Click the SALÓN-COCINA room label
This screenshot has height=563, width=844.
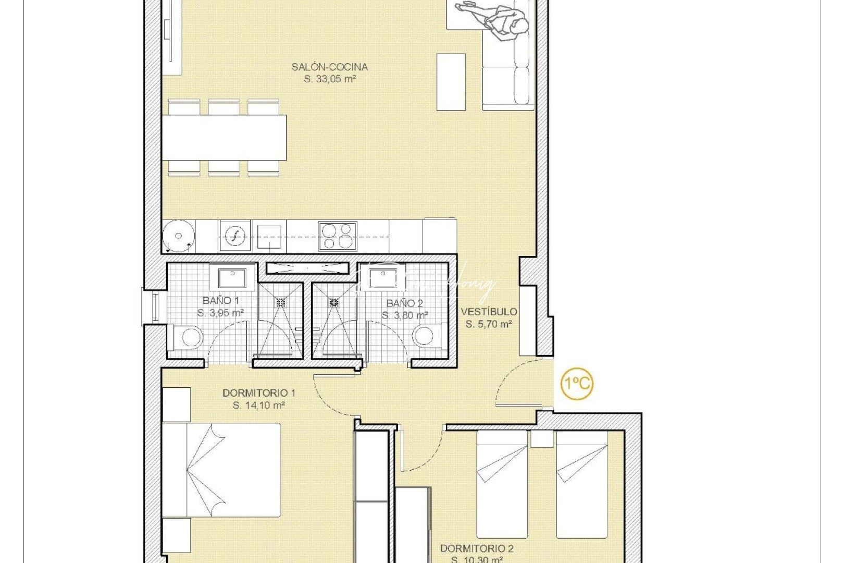coord(329,67)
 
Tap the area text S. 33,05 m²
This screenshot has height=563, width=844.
coord(329,79)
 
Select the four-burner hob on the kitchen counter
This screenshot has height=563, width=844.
coord(338,236)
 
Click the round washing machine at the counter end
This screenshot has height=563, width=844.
coord(178,236)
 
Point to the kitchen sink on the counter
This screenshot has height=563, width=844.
coord(235,236)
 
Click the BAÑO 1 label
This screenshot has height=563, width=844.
coord(220,301)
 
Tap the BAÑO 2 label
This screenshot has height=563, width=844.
coord(404,303)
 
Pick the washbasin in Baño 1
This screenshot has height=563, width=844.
coord(232,278)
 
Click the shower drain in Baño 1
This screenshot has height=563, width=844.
coord(281,302)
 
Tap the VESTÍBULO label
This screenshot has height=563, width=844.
coord(489,312)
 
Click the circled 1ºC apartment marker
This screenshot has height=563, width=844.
coord(577,384)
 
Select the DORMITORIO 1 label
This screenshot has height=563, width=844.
coord(258,393)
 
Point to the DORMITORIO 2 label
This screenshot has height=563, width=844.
coord(476,548)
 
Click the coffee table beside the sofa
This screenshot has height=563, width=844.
coord(451,82)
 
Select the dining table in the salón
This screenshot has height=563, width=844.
coord(224,138)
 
